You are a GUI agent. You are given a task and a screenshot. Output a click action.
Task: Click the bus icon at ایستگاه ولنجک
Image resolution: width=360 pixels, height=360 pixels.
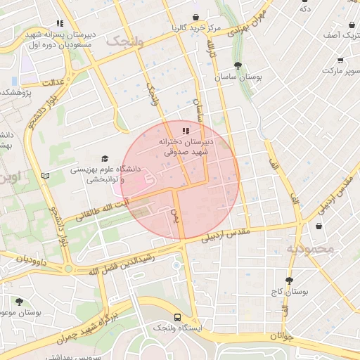point(176,317)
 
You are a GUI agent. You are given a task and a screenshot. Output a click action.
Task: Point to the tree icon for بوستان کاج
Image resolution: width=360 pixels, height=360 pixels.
point(289,281)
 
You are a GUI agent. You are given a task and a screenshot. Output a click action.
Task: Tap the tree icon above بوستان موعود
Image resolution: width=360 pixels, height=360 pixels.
point(19,301)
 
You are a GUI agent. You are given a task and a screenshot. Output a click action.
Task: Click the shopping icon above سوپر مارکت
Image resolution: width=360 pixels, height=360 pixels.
point(341,61)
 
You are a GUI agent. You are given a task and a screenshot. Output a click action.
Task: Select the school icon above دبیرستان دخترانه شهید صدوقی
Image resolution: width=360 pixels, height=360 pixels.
point(186,131)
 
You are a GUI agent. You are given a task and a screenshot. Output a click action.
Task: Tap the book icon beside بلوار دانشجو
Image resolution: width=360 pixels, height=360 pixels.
point(46,176)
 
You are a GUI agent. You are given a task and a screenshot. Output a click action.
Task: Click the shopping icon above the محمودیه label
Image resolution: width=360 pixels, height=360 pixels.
point(320,226)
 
